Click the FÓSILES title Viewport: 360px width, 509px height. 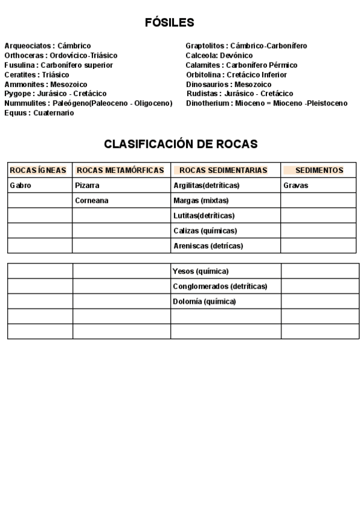click(169, 23)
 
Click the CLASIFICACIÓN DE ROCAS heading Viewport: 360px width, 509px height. click(181, 144)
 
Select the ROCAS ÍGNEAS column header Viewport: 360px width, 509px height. click(38, 170)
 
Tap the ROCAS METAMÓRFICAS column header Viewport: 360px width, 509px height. click(121, 170)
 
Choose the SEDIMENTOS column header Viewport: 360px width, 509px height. click(319, 170)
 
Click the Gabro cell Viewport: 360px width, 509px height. click(20, 185)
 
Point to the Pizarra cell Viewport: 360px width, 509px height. click(88, 185)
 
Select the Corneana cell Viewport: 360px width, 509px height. click(92, 200)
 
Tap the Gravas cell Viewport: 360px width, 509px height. click(296, 185)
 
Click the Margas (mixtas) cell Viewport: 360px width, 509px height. click(201, 200)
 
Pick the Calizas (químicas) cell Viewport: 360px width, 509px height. click(205, 230)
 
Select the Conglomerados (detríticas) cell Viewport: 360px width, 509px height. click(220, 286)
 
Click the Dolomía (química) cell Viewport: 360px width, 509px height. click(205, 301)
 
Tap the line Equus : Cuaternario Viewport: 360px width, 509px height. click(39, 113)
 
